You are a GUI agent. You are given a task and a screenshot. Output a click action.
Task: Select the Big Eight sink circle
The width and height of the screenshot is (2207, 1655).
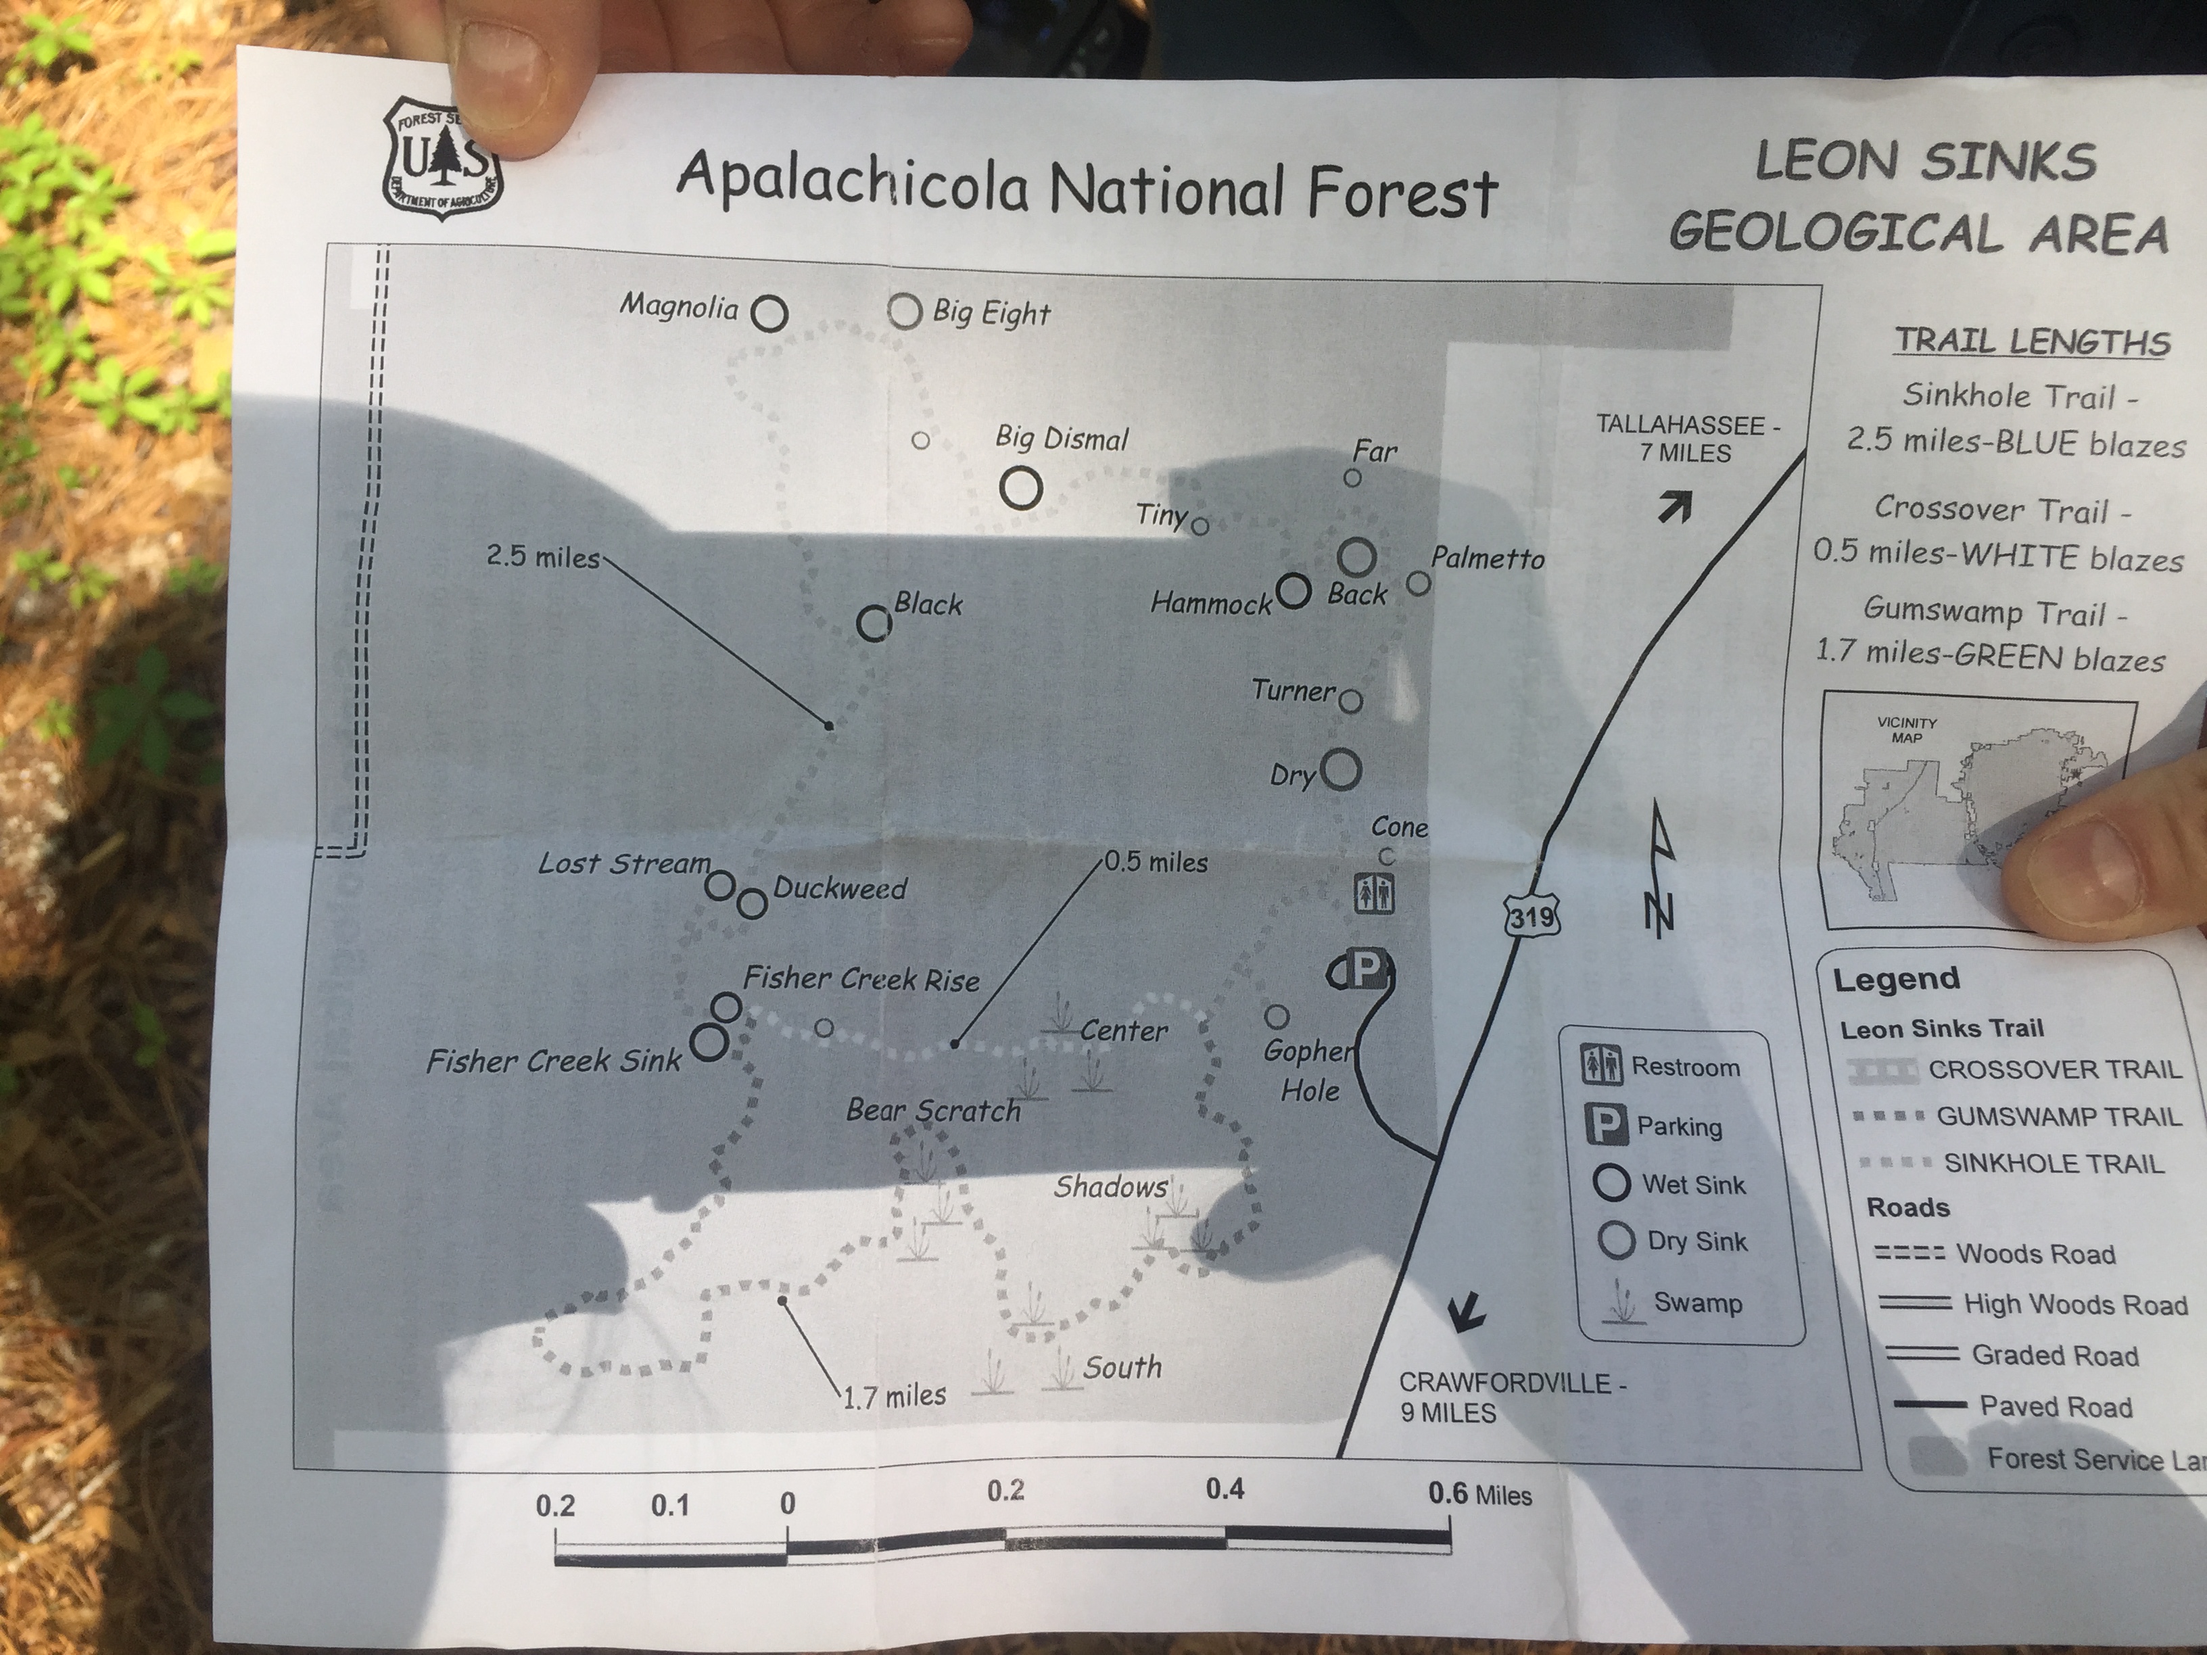[904, 311]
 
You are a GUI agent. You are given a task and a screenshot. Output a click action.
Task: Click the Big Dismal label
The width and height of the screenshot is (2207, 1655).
[1062, 438]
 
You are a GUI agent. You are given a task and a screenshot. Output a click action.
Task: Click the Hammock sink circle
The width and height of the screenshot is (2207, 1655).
[1293, 592]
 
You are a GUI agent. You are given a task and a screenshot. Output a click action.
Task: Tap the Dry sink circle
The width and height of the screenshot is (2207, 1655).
[1341, 770]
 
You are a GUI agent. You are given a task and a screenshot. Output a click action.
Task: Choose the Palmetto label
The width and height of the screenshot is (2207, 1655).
[1488, 558]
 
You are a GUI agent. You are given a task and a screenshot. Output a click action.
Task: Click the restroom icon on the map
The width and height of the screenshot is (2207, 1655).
[1374, 894]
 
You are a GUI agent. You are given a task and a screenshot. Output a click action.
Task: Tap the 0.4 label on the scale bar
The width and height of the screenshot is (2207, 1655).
[1225, 1489]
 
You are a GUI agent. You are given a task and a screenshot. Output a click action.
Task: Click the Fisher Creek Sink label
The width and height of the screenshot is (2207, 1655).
[554, 1061]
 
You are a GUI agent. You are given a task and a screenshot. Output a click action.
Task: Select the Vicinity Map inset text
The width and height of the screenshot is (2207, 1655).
[1907, 729]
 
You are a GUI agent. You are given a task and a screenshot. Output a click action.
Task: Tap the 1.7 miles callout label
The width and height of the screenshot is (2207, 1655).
[894, 1395]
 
